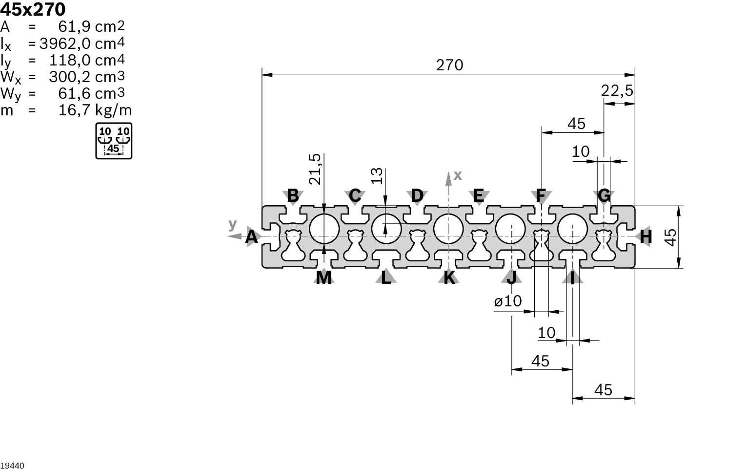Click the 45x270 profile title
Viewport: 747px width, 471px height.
[33, 9]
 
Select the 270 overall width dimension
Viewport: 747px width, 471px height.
[449, 65]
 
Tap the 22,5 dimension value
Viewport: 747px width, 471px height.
[617, 91]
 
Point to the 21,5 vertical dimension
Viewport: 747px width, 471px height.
[316, 169]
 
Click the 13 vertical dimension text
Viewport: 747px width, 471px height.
[377, 176]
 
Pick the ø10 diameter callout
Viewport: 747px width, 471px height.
[507, 301]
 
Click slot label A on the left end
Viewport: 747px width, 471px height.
[251, 237]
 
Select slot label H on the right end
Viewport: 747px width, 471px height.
[646, 237]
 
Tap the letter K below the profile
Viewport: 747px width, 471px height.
[449, 278]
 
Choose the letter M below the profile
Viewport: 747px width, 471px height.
[323, 278]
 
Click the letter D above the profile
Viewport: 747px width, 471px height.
[417, 195]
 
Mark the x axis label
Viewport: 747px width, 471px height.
[457, 175]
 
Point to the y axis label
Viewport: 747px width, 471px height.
[233, 224]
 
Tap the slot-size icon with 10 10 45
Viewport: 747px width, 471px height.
[113, 141]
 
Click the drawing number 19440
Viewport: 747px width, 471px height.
[12, 466]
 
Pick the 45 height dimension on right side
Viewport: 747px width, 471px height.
[671, 237]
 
